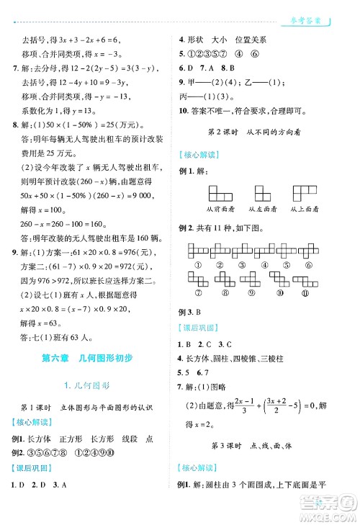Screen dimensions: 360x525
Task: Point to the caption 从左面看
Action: [x=262, y=209]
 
